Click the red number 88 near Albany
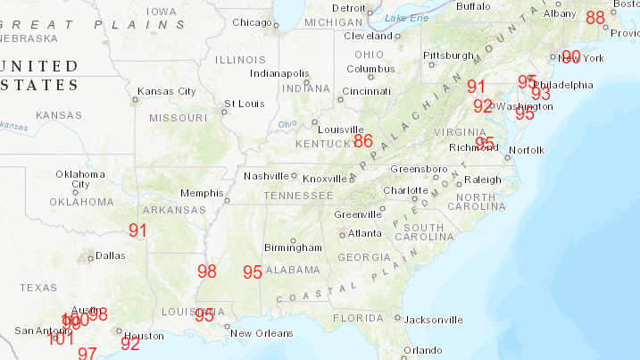pyautogui.click(x=595, y=18)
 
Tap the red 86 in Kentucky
pyautogui.click(x=362, y=141)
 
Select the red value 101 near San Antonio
pyautogui.click(x=61, y=338)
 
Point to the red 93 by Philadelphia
pyautogui.click(x=541, y=94)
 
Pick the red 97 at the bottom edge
pyautogui.click(x=87, y=353)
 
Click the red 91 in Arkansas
pyautogui.click(x=137, y=230)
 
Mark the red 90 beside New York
pyautogui.click(x=571, y=57)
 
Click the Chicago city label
pyautogui.click(x=252, y=23)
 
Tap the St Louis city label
pyautogui.click(x=240, y=104)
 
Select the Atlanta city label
pyautogui.click(x=365, y=234)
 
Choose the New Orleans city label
pyautogui.click(x=262, y=333)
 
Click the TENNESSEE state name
pyautogui.click(x=300, y=196)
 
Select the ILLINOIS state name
pyautogui.click(x=240, y=60)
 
